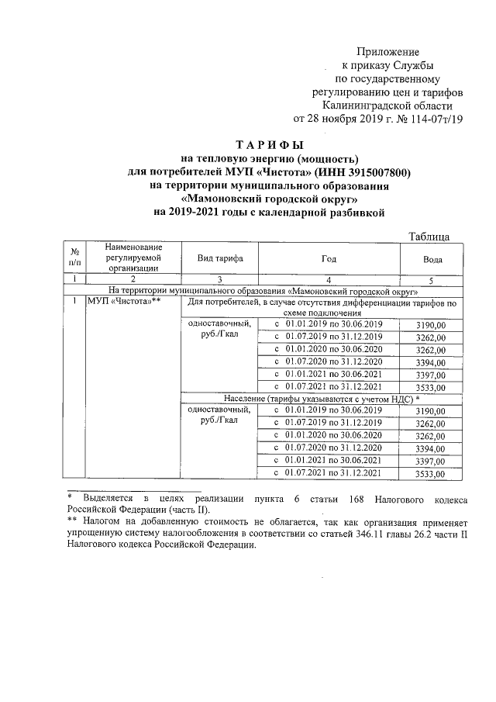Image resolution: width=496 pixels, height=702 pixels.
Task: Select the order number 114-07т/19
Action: pyautogui.click(x=435, y=119)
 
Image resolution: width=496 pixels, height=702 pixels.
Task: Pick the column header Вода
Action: pyautogui.click(x=432, y=258)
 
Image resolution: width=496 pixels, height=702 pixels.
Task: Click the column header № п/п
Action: pyautogui.click(x=74, y=258)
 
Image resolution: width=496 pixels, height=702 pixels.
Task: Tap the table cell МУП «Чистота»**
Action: pyautogui.click(x=122, y=301)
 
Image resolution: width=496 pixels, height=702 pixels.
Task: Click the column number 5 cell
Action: pyautogui.click(x=432, y=279)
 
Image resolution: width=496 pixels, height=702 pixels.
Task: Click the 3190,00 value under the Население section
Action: pyautogui.click(x=431, y=410)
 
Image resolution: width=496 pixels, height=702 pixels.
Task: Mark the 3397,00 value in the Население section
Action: pyautogui.click(x=431, y=461)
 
